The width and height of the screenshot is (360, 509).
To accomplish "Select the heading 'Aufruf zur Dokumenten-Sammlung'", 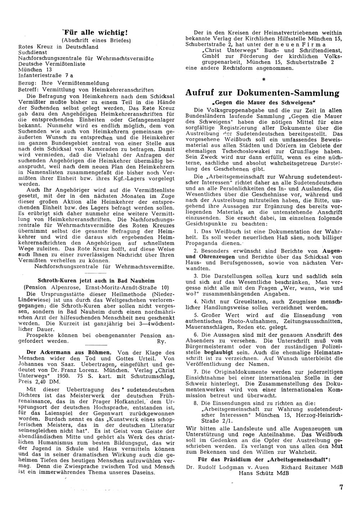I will click(x=262, y=93).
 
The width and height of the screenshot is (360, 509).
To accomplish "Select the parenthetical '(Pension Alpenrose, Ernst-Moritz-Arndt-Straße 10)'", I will click(x=96, y=287).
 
